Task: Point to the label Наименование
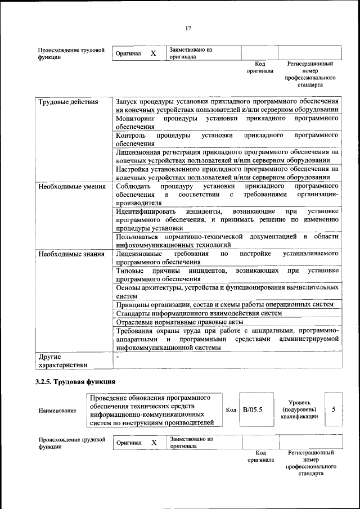[x=57, y=411]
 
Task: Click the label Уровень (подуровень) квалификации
[x=301, y=409]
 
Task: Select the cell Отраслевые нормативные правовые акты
[x=179, y=322]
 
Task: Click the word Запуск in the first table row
[x=127, y=102]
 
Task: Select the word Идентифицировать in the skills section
[x=146, y=211]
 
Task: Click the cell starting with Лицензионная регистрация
[x=226, y=156]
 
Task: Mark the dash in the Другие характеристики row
[x=118, y=356]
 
